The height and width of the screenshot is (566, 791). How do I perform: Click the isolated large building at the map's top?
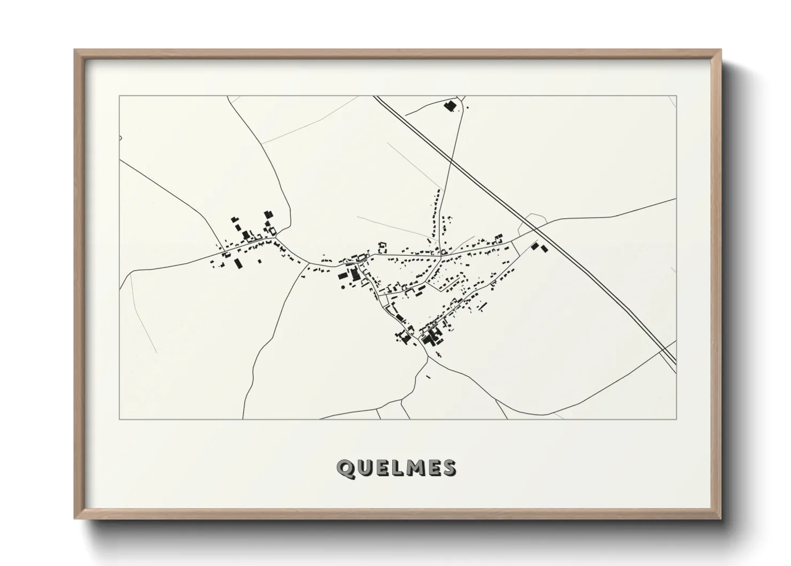[449, 106]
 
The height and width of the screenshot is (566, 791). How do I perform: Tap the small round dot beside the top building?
[468, 108]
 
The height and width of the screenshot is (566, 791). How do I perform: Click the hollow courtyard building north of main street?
[382, 246]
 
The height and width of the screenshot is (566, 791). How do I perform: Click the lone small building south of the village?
[428, 377]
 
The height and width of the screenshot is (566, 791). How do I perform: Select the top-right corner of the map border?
[676, 96]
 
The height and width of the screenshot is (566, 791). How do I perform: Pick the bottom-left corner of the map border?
[119, 419]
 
